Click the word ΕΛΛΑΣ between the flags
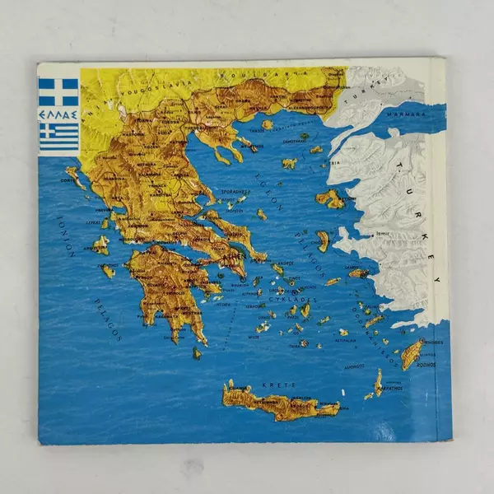[58, 113]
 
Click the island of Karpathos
[378, 382]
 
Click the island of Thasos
[267, 125]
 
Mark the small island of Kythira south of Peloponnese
[197, 352]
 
